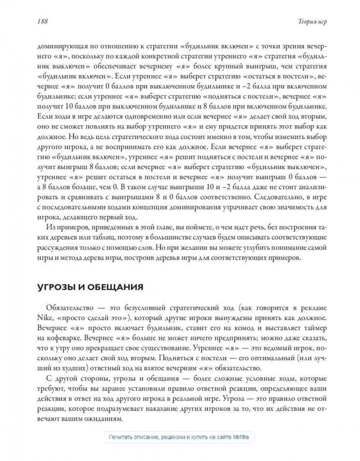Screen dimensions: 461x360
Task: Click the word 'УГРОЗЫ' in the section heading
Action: (x=58, y=287)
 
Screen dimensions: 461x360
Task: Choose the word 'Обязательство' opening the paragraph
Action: (x=70, y=308)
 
